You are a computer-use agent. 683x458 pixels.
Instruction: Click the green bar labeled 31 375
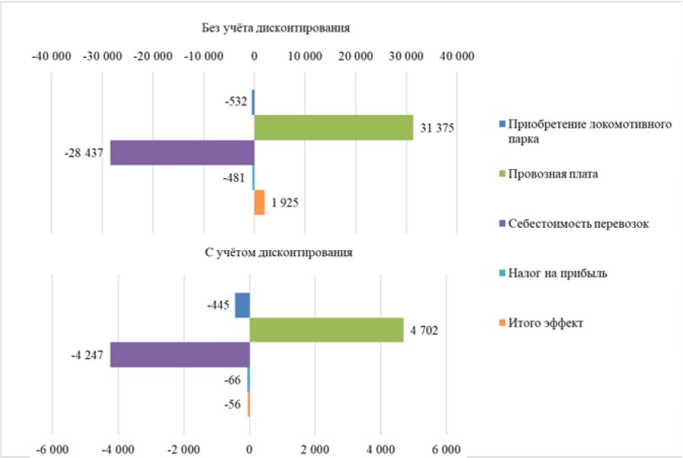[x=333, y=127]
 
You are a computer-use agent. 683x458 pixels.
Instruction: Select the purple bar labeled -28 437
[x=182, y=152]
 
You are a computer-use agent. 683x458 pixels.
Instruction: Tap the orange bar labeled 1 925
[x=259, y=203]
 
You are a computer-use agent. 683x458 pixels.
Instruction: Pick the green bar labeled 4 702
[x=326, y=330]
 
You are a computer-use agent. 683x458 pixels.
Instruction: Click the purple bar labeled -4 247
[x=180, y=355]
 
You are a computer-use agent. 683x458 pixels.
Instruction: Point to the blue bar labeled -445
[x=242, y=305]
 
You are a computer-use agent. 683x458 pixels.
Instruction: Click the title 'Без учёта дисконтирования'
[x=276, y=29]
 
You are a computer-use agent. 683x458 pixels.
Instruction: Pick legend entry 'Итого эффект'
[x=546, y=323]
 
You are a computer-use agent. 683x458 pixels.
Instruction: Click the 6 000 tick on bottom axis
[x=446, y=448]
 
